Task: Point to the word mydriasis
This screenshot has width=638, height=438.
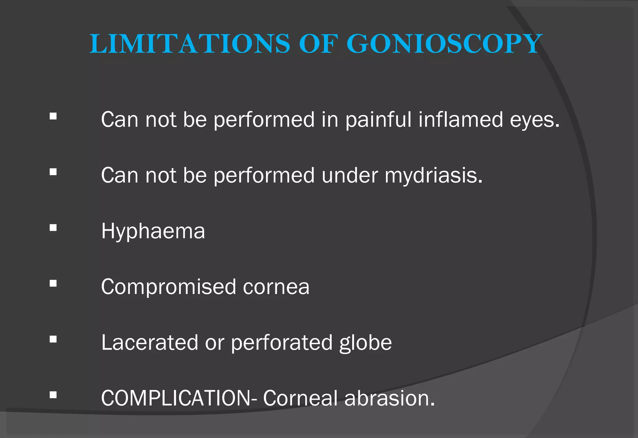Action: [433, 176]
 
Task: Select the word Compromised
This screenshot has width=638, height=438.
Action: [169, 287]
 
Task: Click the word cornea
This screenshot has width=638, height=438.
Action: [276, 287]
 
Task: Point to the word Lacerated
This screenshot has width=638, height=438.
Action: [150, 342]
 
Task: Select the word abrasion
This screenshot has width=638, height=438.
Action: [389, 398]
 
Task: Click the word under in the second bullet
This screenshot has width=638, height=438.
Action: [350, 176]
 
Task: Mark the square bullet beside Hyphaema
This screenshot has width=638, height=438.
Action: [53, 228]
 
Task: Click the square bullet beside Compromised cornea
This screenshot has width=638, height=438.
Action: [53, 283]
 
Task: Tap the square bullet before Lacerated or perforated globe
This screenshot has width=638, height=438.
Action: [53, 339]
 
